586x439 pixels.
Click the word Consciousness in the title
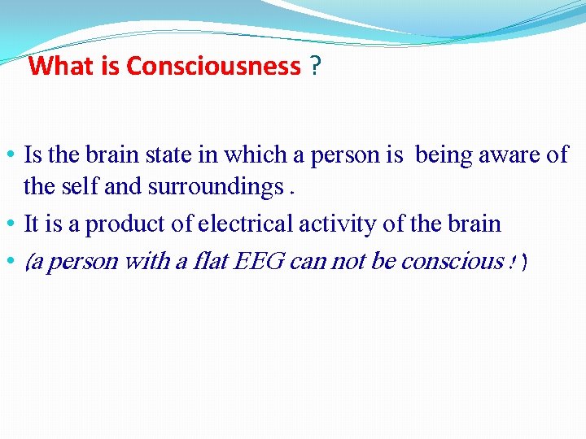pyautogui.click(x=213, y=66)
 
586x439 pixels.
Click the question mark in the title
pyautogui.click(x=314, y=66)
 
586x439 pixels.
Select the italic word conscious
pyautogui.click(x=460, y=261)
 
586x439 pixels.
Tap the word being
pyautogui.click(x=444, y=154)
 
